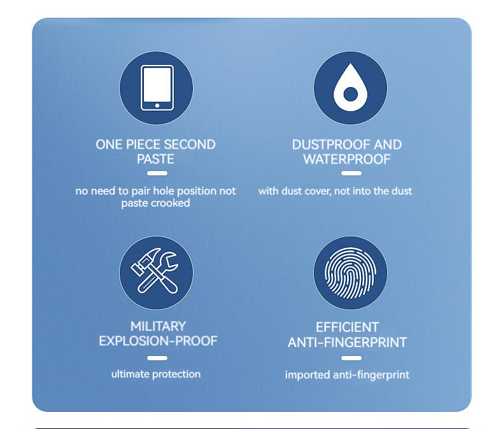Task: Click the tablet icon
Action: coord(157,88)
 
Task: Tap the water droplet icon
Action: coord(350,88)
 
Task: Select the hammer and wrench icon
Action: coord(155,271)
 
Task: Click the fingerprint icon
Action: coord(350,273)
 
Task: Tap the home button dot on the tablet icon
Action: coord(157,106)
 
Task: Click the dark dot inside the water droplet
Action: coord(350,94)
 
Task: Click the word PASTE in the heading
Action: coord(155,159)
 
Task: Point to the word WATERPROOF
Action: coord(347,159)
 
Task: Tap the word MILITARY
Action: coord(158,327)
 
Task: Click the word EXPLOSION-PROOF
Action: coord(158,341)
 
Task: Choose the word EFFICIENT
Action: coord(348,327)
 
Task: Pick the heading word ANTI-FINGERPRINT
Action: coord(348,343)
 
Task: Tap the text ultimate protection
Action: coord(156,374)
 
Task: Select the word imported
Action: coord(308,375)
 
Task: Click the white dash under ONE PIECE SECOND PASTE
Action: coord(157,174)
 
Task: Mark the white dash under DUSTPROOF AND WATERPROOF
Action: coord(351,174)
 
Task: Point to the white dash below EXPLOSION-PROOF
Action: coord(157,358)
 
